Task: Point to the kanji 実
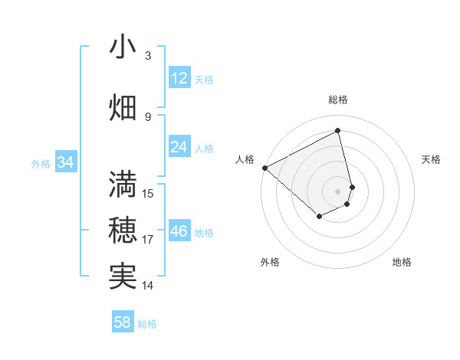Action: pyautogui.click(x=123, y=277)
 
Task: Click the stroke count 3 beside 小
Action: pyautogui.click(x=148, y=55)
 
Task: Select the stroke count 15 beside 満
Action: pyautogui.click(x=148, y=193)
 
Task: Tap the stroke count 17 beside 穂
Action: pyautogui.click(x=148, y=240)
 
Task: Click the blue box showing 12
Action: pyautogui.click(x=179, y=78)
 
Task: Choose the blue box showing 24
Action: pyautogui.click(x=179, y=147)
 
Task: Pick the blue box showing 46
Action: pyautogui.click(x=179, y=231)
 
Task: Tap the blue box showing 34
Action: pyautogui.click(x=65, y=162)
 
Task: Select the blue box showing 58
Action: pyautogui.click(x=123, y=322)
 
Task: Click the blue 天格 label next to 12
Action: pyautogui.click(x=204, y=80)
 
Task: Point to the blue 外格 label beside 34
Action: pyautogui.click(x=41, y=163)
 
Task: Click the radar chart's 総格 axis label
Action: pyautogui.click(x=338, y=100)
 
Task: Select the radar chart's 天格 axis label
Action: pyautogui.click(x=431, y=159)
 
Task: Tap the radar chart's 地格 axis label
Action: pyautogui.click(x=402, y=262)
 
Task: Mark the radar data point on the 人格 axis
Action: pyautogui.click(x=264, y=168)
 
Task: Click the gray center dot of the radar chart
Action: pyautogui.click(x=338, y=191)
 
